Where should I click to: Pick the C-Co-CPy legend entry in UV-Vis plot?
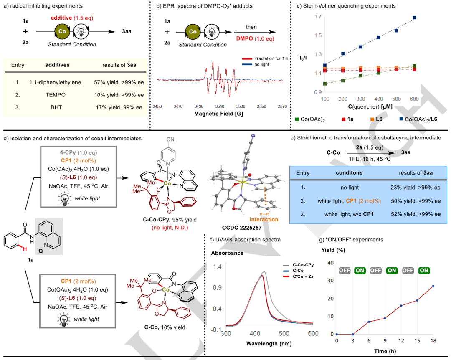click(303, 264)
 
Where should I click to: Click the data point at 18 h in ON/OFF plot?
click(433, 286)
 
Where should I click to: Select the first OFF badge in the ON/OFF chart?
click(345, 271)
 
